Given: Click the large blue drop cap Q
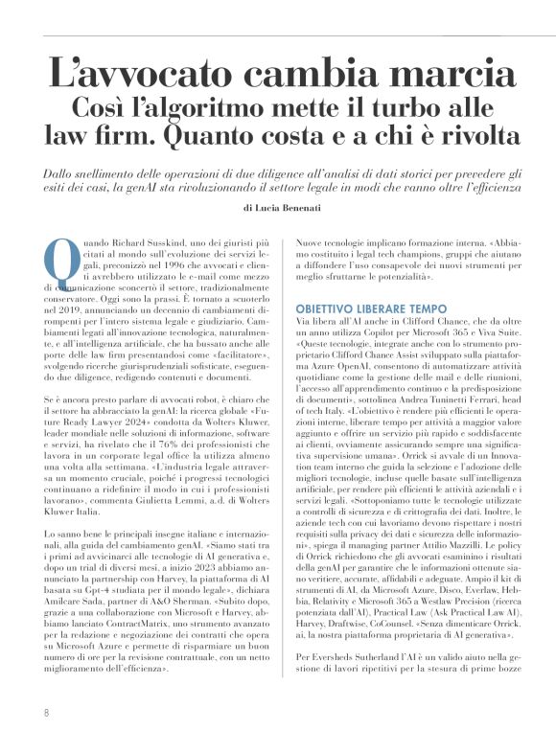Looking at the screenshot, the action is click(58, 256).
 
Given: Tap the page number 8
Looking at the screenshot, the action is click(45, 713).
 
